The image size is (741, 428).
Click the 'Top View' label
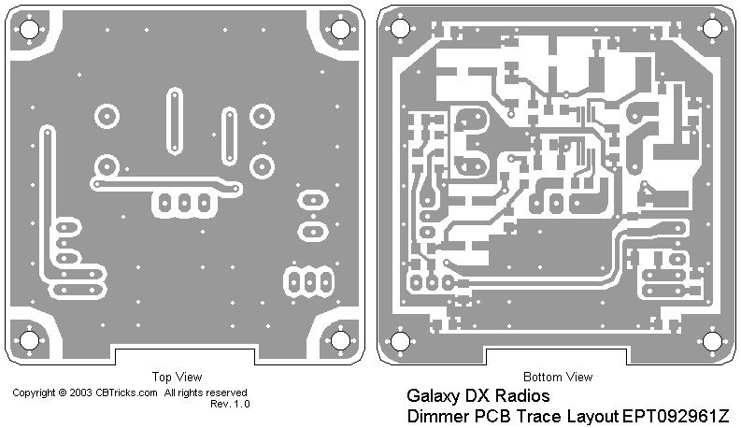(x=177, y=378)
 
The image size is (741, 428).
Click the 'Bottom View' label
(x=557, y=378)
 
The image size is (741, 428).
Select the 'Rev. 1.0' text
(x=230, y=404)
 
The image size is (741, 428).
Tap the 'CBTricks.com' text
(x=127, y=393)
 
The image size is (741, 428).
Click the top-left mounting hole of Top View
(x=29, y=28)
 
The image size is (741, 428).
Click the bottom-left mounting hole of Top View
(x=29, y=338)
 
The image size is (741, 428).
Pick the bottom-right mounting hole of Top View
(x=340, y=338)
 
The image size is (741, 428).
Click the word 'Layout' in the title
(x=594, y=416)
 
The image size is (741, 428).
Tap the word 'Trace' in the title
(x=542, y=416)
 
